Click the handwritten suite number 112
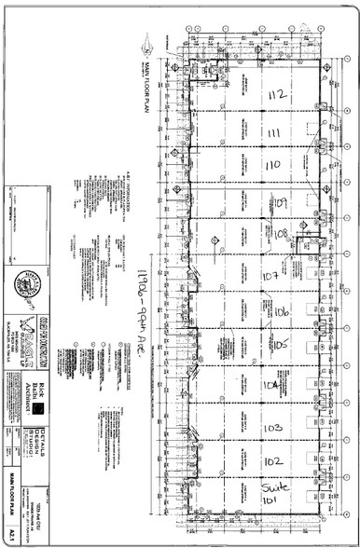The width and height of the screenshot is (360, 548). (277, 95)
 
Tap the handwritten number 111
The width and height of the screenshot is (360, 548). (274, 133)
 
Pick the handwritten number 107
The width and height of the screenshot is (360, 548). (271, 277)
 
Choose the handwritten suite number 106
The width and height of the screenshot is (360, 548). (282, 312)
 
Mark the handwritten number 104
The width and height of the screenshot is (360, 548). (271, 385)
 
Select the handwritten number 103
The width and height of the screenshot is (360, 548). (273, 427)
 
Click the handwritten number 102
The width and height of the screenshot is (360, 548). (273, 461)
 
